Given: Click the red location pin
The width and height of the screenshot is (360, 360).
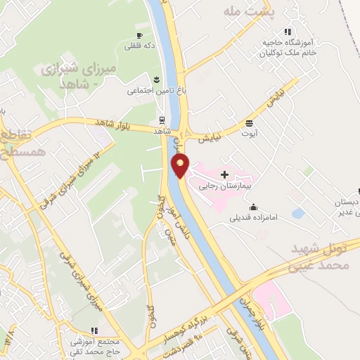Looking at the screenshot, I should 181,167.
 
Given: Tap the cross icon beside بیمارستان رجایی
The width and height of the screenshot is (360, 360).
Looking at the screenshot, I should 224,174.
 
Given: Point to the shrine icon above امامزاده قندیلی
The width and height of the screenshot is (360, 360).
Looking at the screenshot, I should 254,207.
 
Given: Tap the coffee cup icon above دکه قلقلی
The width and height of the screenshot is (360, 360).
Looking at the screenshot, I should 139,35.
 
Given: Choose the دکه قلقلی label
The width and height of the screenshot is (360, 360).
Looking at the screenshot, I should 139,46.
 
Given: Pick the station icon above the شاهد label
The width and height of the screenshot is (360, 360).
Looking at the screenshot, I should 162,120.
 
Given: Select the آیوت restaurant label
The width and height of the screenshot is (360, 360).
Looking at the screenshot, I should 250,132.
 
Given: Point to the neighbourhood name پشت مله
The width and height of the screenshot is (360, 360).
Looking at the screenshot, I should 247,12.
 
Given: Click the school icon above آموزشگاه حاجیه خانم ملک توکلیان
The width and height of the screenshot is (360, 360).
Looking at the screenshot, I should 288,32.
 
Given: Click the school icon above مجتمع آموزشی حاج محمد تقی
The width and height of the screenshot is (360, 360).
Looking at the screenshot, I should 94,330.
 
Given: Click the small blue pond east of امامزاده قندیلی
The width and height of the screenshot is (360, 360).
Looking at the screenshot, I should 298,212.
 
